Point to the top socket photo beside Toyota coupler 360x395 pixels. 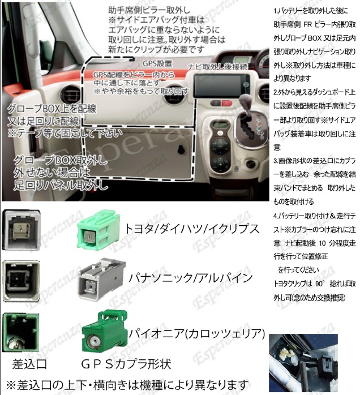coord(22,228)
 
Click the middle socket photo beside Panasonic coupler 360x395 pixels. coord(22,281)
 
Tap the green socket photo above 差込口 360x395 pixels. coord(22,333)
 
